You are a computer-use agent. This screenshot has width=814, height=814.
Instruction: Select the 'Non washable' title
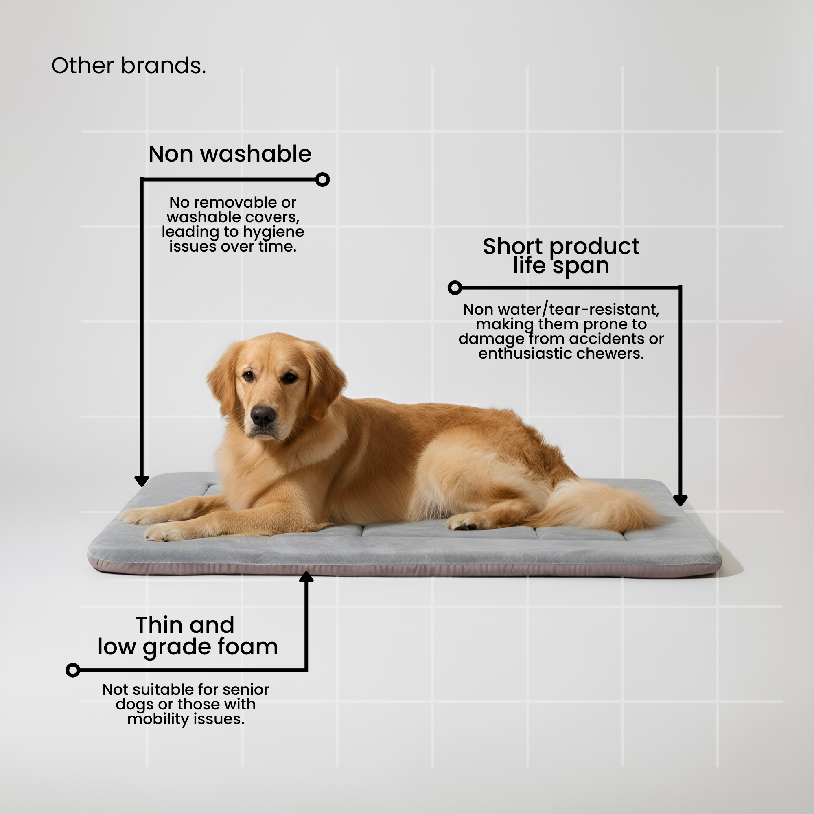(230, 154)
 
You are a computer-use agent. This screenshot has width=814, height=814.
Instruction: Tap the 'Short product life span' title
(561, 256)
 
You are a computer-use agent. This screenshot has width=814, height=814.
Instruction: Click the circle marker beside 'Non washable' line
(322, 179)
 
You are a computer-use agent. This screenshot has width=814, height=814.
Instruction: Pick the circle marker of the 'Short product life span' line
(455, 288)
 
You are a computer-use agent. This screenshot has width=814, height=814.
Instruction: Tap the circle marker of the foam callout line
(73, 670)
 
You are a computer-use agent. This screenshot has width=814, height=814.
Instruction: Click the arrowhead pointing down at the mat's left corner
(142, 481)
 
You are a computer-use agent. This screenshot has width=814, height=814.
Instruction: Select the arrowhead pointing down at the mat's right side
(680, 501)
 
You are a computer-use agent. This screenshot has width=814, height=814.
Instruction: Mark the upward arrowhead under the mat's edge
(306, 577)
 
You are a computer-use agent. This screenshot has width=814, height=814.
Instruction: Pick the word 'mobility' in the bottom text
(155, 719)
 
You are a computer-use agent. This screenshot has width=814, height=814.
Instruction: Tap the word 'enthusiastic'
(525, 354)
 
